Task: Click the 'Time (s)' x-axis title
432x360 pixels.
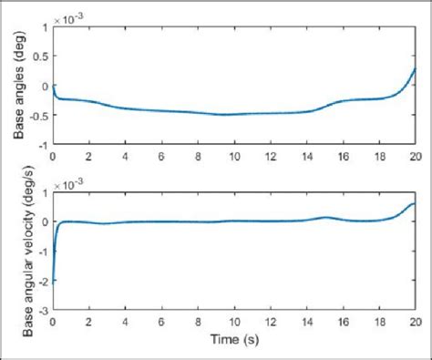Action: [x=234, y=344]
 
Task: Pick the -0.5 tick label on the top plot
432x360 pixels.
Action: [x=36, y=116]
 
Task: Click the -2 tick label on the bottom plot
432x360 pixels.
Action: [x=42, y=283]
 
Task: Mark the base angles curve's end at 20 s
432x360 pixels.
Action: [x=416, y=68]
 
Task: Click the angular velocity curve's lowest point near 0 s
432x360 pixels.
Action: [x=54, y=283]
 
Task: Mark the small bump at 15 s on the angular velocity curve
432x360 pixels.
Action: [x=325, y=217]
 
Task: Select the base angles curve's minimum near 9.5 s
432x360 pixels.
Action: [x=225, y=115]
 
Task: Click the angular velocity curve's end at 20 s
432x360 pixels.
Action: [x=416, y=203]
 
